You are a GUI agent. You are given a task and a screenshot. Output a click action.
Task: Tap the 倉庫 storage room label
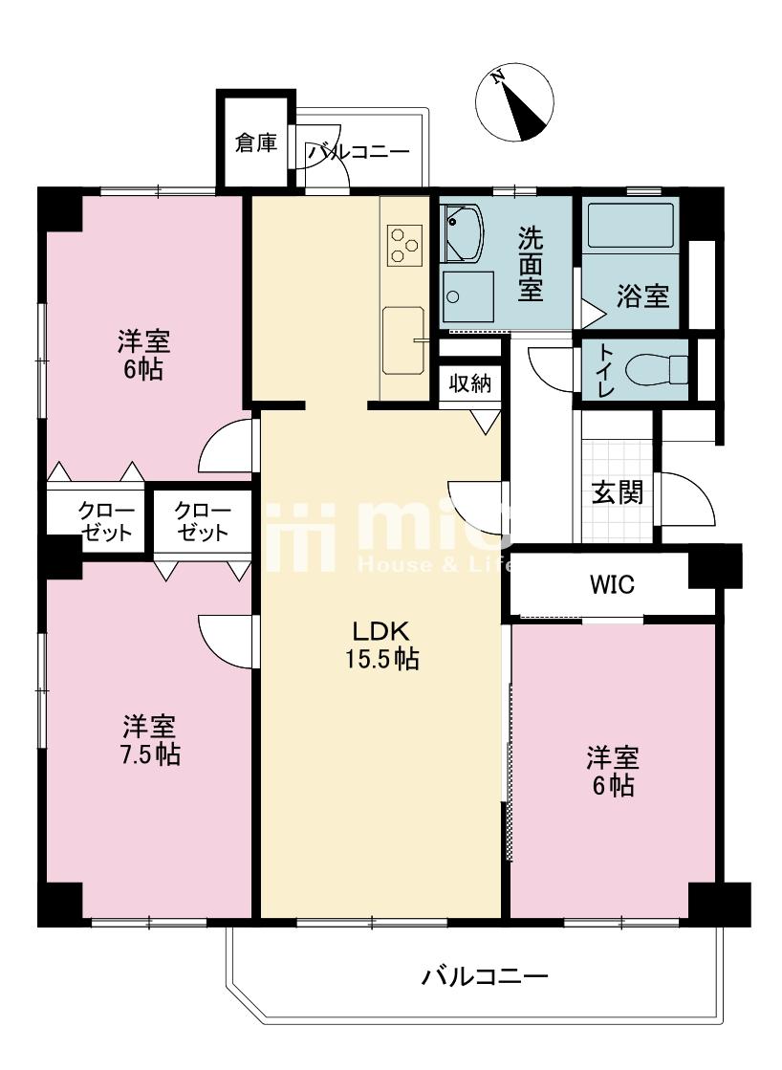tap(256, 142)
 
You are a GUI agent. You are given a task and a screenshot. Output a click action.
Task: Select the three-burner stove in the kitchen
tap(404, 245)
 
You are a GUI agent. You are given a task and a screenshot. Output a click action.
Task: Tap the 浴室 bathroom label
tap(642, 296)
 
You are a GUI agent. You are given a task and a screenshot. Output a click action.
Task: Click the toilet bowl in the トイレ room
tap(659, 369)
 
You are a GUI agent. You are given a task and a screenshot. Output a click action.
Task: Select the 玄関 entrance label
tap(617, 492)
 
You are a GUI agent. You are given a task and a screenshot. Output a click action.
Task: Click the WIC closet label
tap(612, 584)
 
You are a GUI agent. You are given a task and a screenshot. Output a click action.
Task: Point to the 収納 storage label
tap(469, 383)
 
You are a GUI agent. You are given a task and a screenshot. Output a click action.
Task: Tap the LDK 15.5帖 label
tap(380, 644)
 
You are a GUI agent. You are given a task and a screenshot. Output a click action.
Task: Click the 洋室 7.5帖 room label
tap(150, 740)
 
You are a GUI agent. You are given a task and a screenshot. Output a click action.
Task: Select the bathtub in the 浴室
tap(630, 226)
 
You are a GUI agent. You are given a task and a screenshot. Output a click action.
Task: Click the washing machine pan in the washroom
tap(467, 296)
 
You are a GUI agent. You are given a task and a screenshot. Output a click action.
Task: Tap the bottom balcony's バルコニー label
tap(484, 976)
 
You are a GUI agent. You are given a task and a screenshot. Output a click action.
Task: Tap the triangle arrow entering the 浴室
tap(593, 316)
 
